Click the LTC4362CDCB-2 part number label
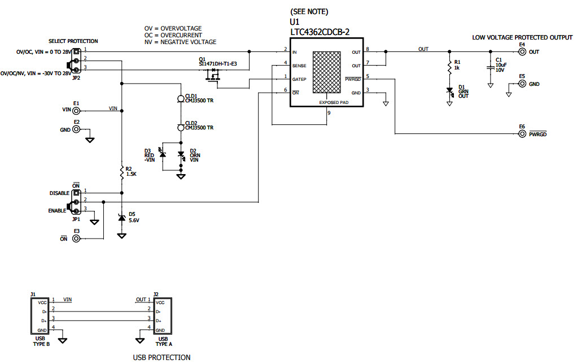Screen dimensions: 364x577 pos(319,32)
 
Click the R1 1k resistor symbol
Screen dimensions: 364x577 pos(450,67)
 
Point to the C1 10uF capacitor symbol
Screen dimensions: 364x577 pos(490,67)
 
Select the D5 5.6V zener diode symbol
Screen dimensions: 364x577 pos(121,218)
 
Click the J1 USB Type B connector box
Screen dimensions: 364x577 pos(40,315)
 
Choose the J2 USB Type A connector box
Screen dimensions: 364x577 pos(162,315)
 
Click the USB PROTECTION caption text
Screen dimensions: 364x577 pos(161,357)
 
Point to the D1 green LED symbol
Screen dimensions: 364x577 pos(450,90)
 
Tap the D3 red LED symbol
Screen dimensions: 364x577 pos(163,154)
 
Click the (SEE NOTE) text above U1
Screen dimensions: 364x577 pos(309,12)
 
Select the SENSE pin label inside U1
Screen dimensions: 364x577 pos(299,66)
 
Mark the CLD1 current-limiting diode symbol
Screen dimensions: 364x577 pos(181,99)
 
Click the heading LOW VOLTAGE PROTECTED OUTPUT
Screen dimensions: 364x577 pos(522,37)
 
